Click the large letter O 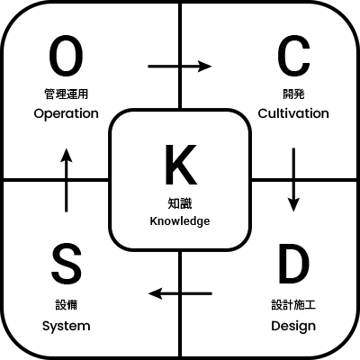(66, 58)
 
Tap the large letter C (293, 58)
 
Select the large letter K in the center (181, 165)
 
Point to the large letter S (67, 263)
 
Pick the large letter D (293, 263)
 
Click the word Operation (66, 114)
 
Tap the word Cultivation (293, 113)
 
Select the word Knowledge (180, 221)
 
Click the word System (67, 326)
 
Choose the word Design (293, 326)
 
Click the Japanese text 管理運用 (67, 94)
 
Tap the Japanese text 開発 (293, 94)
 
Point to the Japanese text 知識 (180, 203)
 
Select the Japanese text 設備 (67, 305)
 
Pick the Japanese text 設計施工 (293, 305)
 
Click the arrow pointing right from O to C (180, 67)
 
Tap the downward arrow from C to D (293, 180)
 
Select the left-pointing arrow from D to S (180, 293)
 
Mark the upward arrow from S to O (67, 180)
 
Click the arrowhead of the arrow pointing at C (205, 67)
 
